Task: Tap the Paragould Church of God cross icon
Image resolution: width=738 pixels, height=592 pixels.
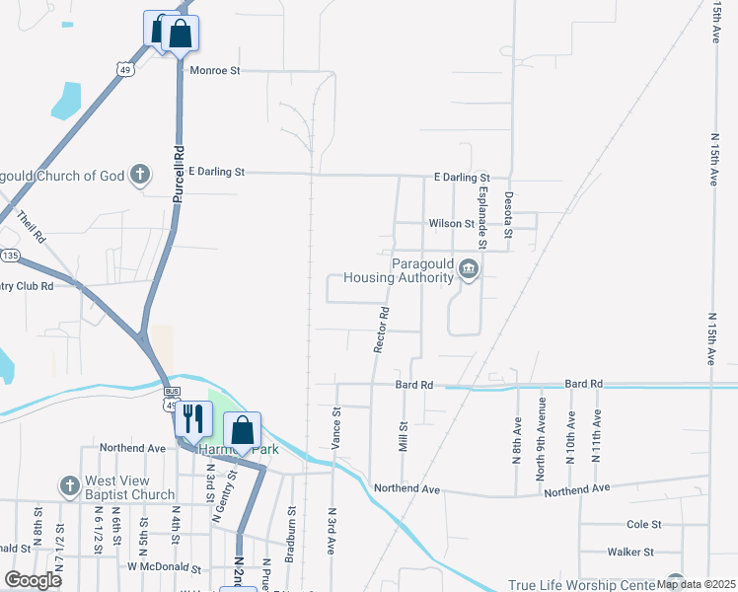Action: tap(140, 176)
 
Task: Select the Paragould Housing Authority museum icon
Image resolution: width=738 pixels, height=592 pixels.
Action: tap(469, 268)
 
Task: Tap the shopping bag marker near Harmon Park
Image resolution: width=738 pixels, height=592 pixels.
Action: tap(243, 430)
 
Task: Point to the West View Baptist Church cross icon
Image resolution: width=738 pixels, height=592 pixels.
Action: tap(69, 485)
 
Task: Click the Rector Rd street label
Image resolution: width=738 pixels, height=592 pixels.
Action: tap(382, 330)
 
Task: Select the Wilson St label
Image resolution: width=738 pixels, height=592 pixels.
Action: tap(451, 224)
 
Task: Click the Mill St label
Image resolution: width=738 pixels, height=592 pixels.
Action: tap(403, 434)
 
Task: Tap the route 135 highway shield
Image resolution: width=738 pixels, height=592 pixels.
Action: tap(10, 256)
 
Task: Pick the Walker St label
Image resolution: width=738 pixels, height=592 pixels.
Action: tap(631, 553)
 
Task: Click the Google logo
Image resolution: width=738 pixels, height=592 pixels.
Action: tap(34, 580)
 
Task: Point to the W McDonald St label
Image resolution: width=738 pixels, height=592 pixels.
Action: tap(164, 569)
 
